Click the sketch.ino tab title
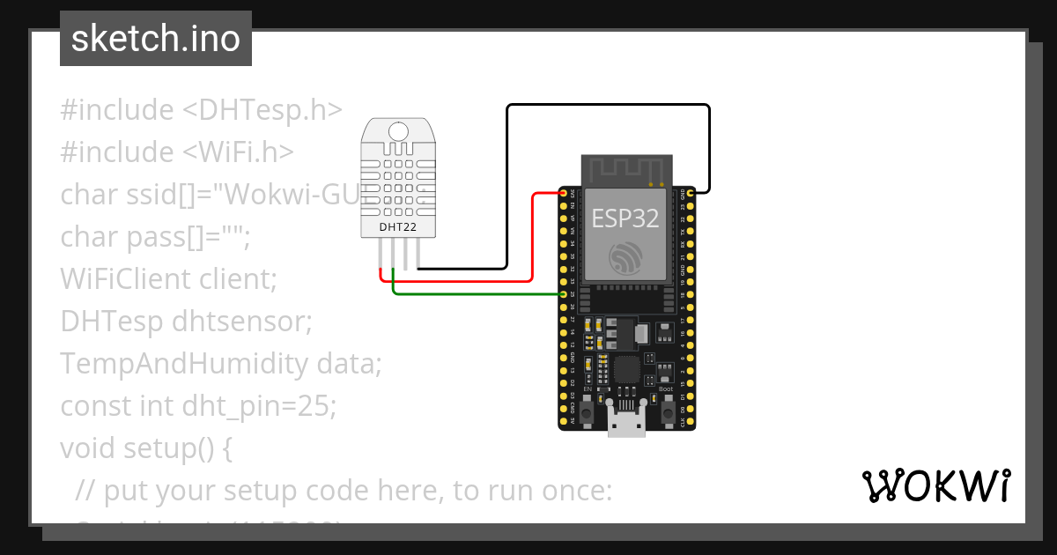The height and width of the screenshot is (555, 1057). [x=155, y=39]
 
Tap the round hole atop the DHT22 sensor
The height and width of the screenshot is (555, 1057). [x=398, y=131]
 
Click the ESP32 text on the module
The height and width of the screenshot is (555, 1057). [x=625, y=218]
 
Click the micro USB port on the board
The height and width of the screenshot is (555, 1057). [x=626, y=424]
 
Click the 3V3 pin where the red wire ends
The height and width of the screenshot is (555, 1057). [x=564, y=192]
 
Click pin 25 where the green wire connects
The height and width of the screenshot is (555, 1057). [x=564, y=293]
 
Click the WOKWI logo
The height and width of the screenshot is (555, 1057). [x=935, y=486]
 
